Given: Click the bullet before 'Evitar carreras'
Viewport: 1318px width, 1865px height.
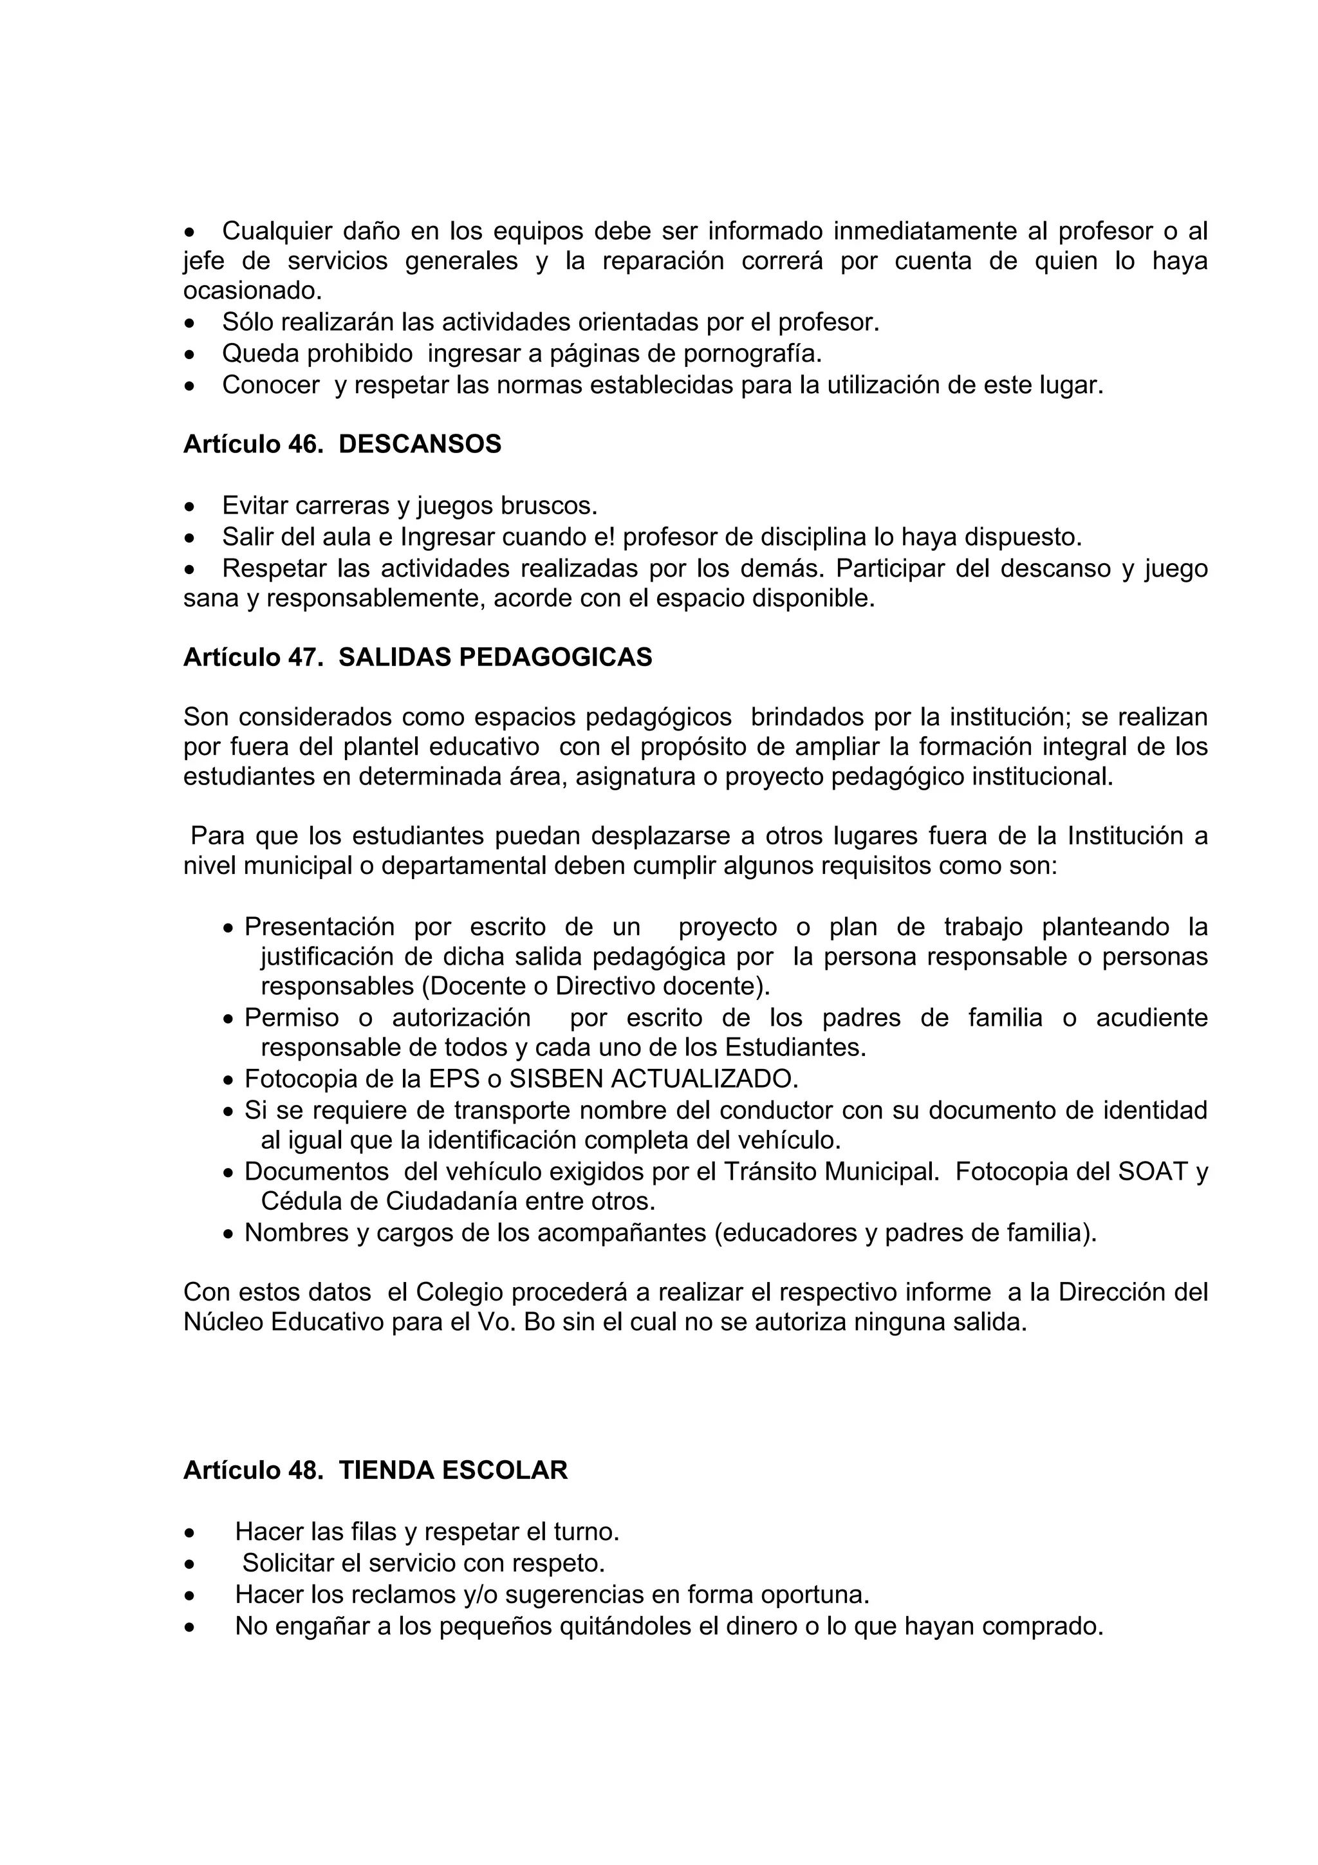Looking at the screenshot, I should click(189, 508).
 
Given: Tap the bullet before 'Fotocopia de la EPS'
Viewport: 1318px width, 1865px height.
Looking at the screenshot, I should click(229, 1081).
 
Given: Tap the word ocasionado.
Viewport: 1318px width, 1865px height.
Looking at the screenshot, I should click(252, 291).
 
